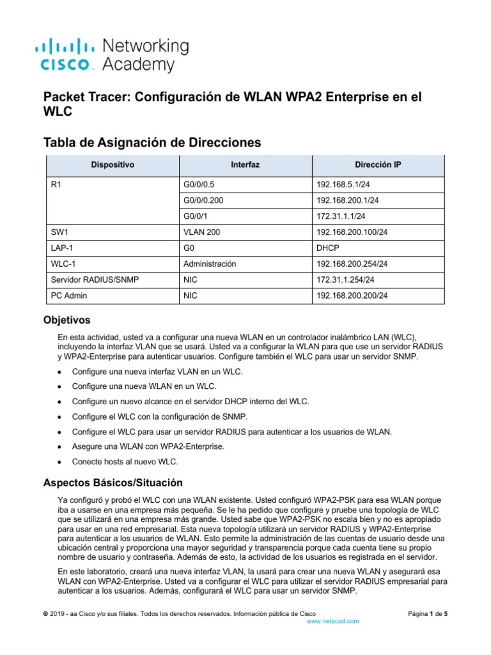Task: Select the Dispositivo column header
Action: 112,164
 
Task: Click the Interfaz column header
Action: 245,164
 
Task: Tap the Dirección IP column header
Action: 377,164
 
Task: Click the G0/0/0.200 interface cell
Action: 203,200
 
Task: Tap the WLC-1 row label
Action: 63,264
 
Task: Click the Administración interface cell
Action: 210,264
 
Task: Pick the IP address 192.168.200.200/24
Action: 352,296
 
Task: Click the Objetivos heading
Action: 66,319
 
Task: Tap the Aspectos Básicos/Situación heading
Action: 113,482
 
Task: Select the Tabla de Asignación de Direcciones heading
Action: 152,141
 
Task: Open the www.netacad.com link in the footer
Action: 332,621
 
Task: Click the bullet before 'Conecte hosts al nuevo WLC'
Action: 60,461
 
